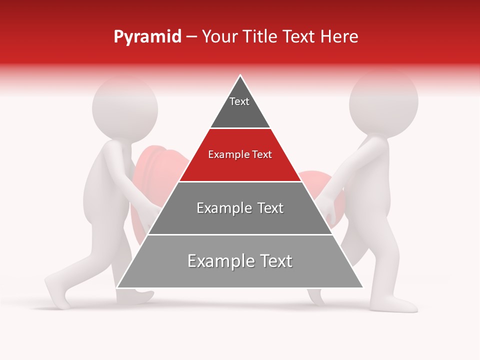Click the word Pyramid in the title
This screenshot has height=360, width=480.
pyautogui.click(x=147, y=37)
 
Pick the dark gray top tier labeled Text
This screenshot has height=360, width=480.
pyautogui.click(x=240, y=107)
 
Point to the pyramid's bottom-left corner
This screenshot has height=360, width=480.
pyautogui.click(x=117, y=287)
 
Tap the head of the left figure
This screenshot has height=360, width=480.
pyautogui.click(x=125, y=107)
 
